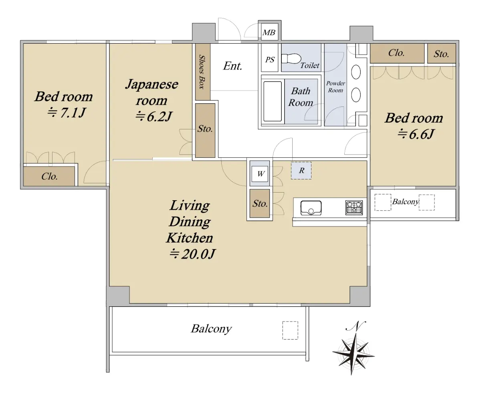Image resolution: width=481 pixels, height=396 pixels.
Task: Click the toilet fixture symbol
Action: (x=291, y=58)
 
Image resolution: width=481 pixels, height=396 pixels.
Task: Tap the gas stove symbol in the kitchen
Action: (x=354, y=208)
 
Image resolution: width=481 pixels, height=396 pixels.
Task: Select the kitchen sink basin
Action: (x=311, y=208)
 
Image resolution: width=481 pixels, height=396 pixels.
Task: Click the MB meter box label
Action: (x=269, y=32)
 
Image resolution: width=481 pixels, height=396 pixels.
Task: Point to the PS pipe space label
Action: (x=270, y=60)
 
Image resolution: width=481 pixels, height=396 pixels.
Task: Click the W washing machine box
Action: (x=260, y=174)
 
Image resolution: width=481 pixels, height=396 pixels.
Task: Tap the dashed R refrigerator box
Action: (x=301, y=171)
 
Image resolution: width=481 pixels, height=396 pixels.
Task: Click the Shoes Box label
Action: (x=202, y=72)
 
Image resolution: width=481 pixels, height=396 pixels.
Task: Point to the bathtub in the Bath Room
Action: (x=273, y=101)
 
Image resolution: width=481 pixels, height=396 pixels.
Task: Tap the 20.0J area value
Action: (x=192, y=254)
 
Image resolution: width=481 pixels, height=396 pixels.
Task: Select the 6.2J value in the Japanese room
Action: (x=154, y=117)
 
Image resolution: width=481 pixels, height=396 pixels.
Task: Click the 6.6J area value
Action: (x=416, y=134)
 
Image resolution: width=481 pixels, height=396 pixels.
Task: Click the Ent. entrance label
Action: (x=232, y=66)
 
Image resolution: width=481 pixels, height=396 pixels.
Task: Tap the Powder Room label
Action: (x=335, y=87)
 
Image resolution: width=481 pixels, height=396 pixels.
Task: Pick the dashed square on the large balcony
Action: (x=290, y=330)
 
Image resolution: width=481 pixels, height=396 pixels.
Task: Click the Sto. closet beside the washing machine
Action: (x=260, y=203)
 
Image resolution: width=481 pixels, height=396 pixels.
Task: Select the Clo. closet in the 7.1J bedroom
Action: (x=49, y=176)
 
